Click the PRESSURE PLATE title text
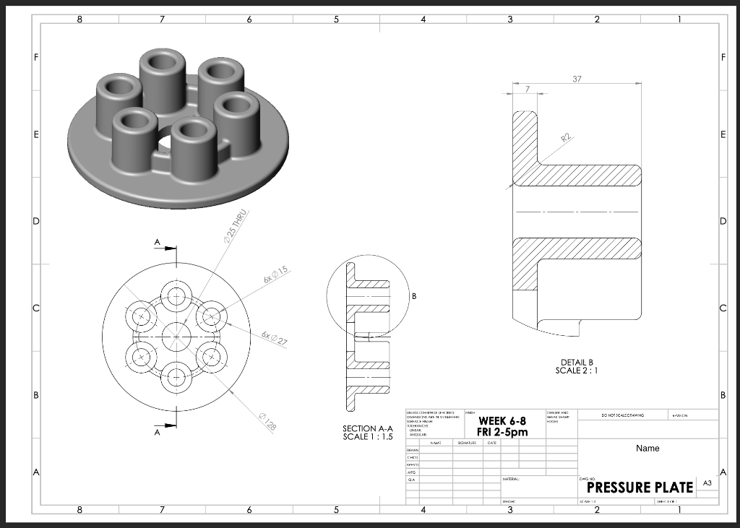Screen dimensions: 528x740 tap(635, 487)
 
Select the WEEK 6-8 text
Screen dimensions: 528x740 tap(502, 421)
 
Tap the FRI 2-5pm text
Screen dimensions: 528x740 tap(502, 432)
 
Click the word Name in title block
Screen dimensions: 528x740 tap(647, 449)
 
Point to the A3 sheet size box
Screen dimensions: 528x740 tap(706, 486)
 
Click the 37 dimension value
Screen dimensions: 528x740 tap(576, 79)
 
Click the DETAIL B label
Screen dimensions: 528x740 tap(576, 362)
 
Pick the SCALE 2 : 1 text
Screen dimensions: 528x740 tap(576, 371)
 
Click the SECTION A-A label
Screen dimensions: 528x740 tap(367, 429)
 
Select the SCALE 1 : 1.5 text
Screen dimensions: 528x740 tap(367, 438)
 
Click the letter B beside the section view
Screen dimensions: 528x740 tap(414, 296)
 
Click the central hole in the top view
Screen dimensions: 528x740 tap(176, 336)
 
